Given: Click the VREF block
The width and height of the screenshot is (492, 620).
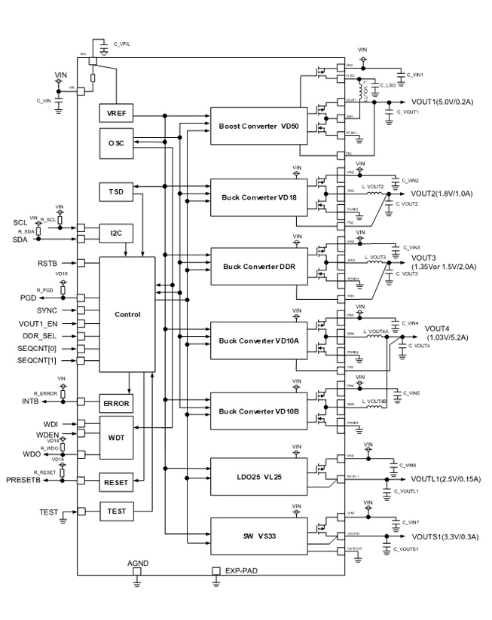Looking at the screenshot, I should click(117, 114).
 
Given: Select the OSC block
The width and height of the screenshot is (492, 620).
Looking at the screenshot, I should click(117, 143).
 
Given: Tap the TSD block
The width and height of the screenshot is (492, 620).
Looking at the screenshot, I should click(117, 193).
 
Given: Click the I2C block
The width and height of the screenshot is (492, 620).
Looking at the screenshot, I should click(117, 234).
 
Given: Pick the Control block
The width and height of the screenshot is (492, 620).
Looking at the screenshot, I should click(127, 314).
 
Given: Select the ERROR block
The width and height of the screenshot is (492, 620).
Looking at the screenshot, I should click(117, 404).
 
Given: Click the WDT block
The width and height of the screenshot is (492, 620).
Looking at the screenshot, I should click(117, 437).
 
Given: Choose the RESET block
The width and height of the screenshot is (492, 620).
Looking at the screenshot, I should click(117, 482).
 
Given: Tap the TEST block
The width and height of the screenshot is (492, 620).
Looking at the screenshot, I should click(117, 512).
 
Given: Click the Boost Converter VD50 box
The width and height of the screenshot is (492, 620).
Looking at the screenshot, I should click(258, 127).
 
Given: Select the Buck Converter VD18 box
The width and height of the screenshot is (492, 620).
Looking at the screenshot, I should click(258, 197).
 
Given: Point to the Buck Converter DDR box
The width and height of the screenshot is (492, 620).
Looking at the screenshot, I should click(258, 267).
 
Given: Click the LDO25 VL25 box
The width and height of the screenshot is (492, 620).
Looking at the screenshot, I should click(258, 477).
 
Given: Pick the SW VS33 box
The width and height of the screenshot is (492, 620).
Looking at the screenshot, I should click(258, 536).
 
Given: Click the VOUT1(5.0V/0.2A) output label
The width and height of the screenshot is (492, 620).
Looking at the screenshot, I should click(442, 102).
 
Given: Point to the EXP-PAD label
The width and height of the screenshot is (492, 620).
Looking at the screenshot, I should click(241, 572).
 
